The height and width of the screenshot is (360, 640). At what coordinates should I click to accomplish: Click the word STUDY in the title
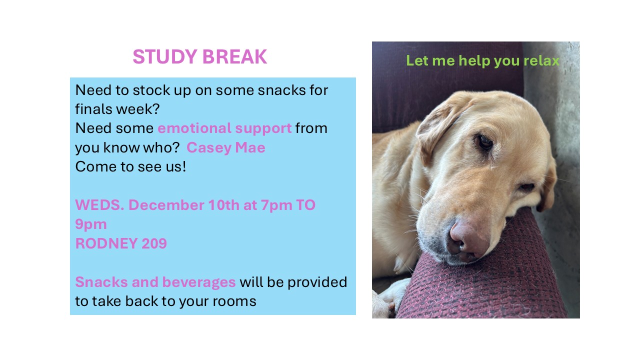click(165, 56)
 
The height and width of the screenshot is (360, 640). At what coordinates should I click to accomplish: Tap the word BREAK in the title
click(234, 56)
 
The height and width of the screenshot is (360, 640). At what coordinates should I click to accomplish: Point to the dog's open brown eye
click(485, 141)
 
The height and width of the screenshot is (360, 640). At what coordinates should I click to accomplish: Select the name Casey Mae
click(225, 147)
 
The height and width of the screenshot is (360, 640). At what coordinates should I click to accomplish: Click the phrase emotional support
click(224, 128)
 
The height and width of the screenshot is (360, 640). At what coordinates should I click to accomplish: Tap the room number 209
click(154, 243)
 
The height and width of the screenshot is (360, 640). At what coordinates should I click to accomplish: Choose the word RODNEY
click(106, 243)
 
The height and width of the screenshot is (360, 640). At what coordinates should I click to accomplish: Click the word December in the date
click(166, 205)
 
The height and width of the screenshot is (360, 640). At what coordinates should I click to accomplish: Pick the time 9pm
click(91, 225)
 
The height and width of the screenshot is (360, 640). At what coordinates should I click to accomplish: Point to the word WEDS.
click(99, 205)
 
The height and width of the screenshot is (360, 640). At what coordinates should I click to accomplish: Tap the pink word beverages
click(199, 282)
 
